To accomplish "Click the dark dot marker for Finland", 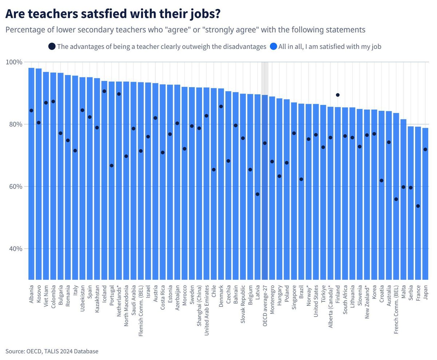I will (x=338, y=95).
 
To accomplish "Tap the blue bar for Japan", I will (x=425, y=204).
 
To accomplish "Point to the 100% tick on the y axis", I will (x=15, y=62).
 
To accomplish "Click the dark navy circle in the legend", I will (x=52, y=47).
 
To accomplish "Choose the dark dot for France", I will (x=418, y=206).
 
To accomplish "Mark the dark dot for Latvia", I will (x=257, y=194).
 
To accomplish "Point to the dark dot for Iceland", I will (x=104, y=91).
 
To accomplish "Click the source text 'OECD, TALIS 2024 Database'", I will (x=62, y=351).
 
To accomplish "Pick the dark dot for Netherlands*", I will (x=119, y=94).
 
